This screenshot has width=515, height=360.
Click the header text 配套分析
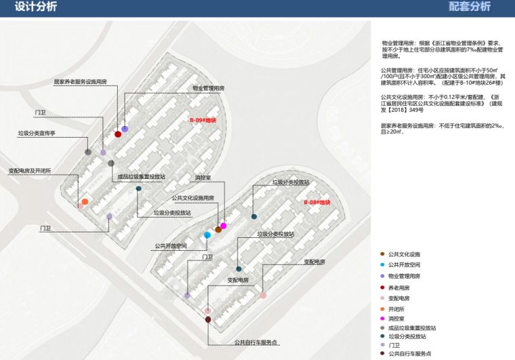(x=470, y=7)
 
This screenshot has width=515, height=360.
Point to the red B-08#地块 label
(x=316, y=203)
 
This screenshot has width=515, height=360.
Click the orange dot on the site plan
(x=85, y=202)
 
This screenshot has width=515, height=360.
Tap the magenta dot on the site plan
(x=223, y=226)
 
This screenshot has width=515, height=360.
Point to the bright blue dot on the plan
(x=207, y=235)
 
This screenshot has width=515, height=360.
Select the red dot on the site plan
(x=118, y=134)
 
